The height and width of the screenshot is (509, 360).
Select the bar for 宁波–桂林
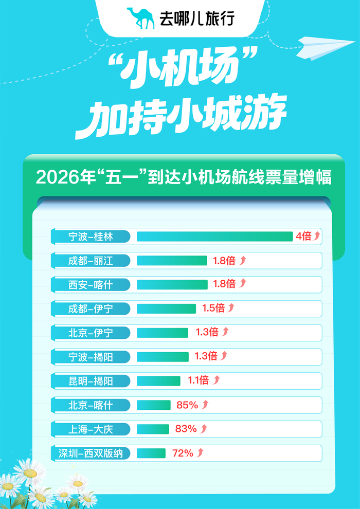tap(214, 236)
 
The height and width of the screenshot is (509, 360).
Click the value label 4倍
tap(303, 236)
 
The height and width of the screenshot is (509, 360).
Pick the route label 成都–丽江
tap(91, 260)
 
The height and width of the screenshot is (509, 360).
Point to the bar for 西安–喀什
tap(172, 284)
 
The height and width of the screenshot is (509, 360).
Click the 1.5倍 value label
tap(213, 308)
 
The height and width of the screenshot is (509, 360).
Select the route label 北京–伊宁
tap(91, 333)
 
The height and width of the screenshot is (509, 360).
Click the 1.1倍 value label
tap(197, 381)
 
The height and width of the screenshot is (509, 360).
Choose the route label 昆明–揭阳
tap(91, 381)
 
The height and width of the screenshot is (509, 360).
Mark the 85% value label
tap(187, 405)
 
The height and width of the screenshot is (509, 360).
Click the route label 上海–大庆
tap(91, 429)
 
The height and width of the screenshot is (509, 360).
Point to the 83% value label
tap(186, 429)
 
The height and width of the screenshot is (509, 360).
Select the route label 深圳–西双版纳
tap(91, 453)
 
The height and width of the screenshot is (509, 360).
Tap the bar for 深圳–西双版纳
tap(151, 453)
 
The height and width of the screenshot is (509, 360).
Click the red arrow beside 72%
tap(201, 453)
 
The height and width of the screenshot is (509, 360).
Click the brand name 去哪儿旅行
tap(198, 19)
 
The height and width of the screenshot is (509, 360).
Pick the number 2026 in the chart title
tap(55, 178)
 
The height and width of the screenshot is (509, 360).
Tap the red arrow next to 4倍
tap(317, 236)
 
